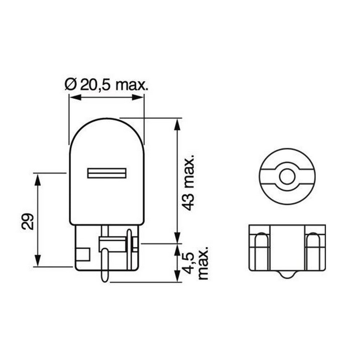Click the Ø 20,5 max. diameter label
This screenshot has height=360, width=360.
point(107,85)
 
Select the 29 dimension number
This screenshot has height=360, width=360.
point(28,221)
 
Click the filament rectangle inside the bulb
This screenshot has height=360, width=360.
point(107,173)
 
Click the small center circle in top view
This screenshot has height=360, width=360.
point(287,176)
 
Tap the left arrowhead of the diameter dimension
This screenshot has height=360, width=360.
point(74,97)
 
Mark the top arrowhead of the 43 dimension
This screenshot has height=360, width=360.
point(177,124)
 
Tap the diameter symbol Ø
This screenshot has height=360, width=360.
point(70,85)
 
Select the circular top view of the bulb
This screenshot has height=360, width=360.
point(287,176)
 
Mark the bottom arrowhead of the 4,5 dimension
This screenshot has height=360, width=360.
point(177,277)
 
